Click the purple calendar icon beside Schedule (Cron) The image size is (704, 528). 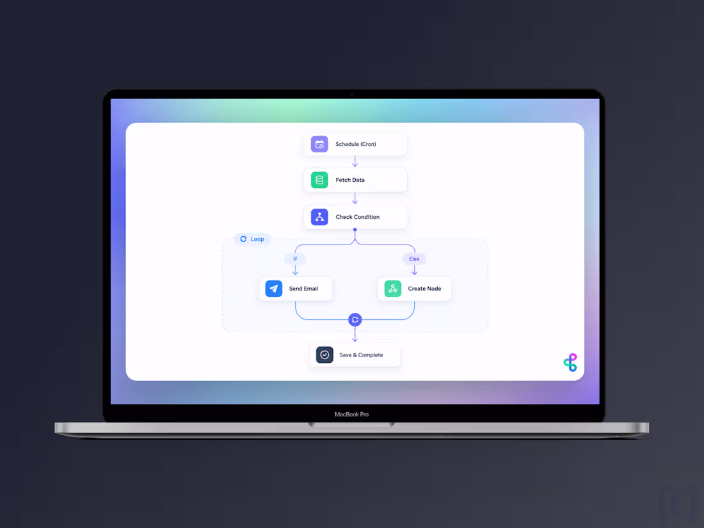click(319, 144)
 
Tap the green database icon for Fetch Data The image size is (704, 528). click(319, 180)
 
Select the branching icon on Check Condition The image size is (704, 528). click(319, 217)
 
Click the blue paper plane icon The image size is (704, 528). click(273, 289)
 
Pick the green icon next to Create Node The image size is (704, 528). click(392, 289)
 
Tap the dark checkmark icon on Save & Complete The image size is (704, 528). click(324, 355)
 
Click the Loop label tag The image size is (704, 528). click(252, 239)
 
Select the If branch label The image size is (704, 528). click(295, 259)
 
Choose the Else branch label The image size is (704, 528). click(414, 259)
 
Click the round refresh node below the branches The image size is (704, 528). click(355, 319)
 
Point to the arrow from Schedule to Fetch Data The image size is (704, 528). click(355, 162)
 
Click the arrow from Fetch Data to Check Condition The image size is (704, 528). click(355, 198)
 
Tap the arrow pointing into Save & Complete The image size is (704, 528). click(355, 334)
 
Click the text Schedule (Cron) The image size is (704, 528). click(356, 144)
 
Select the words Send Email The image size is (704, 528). click(303, 289)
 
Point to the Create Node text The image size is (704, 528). click(424, 289)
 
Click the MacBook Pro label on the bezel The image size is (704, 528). click(351, 414)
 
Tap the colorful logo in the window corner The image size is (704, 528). click(570, 362)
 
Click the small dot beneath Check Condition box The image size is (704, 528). click(355, 229)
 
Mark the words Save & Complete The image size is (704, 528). click(361, 355)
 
